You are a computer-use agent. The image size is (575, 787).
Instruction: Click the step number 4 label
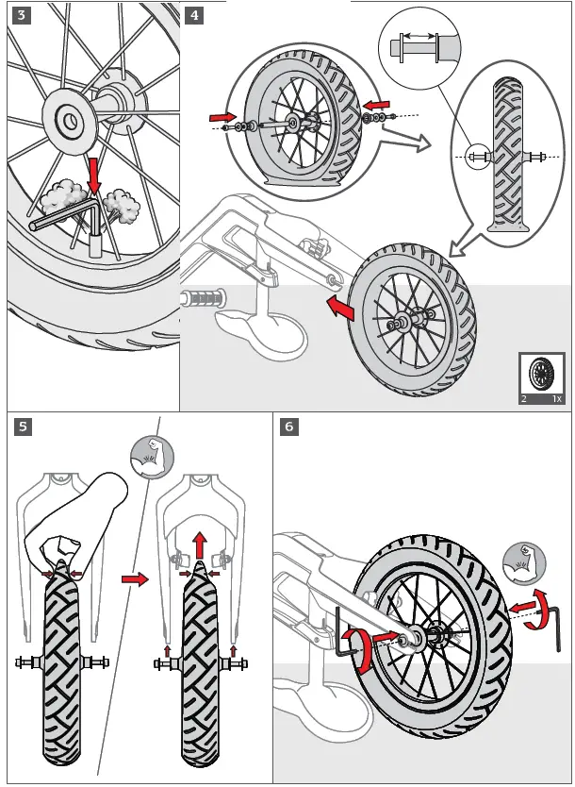click(193, 15)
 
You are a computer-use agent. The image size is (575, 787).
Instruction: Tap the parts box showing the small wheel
click(542, 377)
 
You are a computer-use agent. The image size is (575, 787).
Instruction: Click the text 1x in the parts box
click(556, 399)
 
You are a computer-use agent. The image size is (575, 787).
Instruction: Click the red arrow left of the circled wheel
click(222, 116)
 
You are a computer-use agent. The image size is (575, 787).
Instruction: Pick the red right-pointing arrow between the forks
click(137, 579)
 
